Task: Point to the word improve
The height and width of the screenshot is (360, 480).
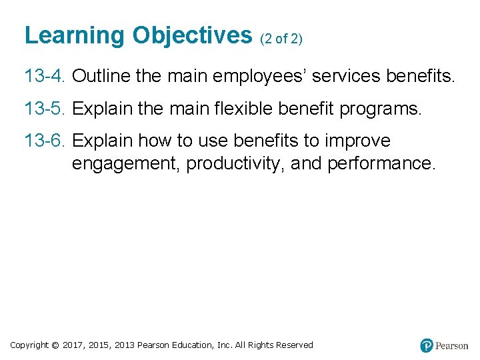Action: click(x=357, y=141)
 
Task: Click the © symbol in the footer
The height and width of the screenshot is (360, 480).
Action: click(x=55, y=345)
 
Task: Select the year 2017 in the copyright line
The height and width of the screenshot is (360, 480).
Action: click(x=72, y=345)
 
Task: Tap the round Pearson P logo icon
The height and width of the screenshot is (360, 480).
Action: click(x=427, y=345)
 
